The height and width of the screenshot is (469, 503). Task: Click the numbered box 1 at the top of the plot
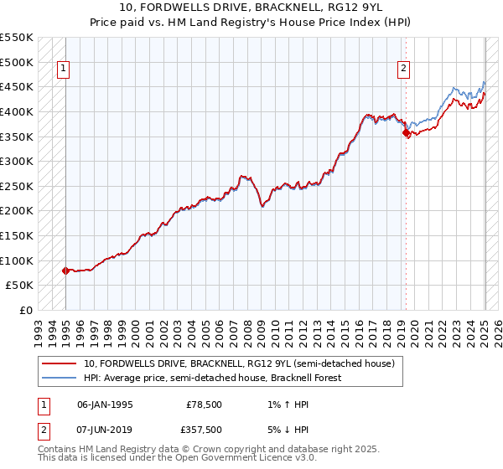point(65,70)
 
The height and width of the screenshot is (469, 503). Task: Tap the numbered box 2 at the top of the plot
point(404,70)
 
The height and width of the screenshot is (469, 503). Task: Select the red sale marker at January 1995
point(65,271)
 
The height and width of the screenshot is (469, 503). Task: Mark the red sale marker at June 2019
point(406,132)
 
